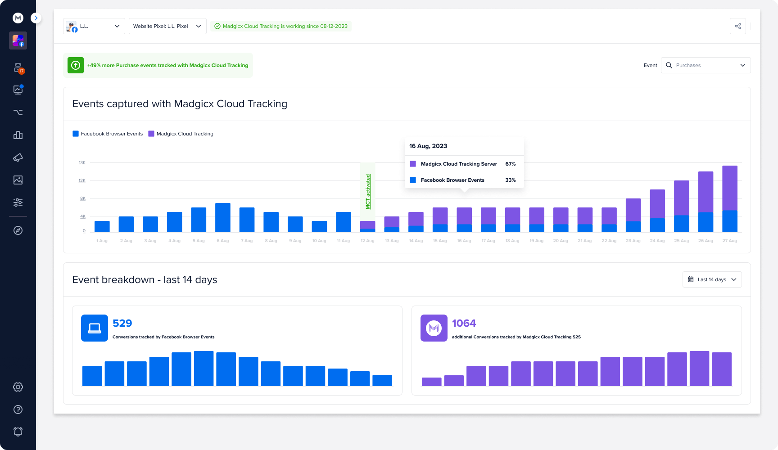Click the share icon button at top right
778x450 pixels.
pyautogui.click(x=737, y=26)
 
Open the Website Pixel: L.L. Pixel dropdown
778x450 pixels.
pyautogui.click(x=167, y=26)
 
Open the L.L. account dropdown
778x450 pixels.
pyautogui.click(x=94, y=26)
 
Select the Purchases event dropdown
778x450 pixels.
pyautogui.click(x=706, y=65)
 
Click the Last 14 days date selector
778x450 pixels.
pyautogui.click(x=712, y=279)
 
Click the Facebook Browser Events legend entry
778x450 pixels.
pyautogui.click(x=108, y=134)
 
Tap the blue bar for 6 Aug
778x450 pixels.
pyautogui.click(x=223, y=218)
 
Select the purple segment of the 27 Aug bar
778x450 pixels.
pyautogui.click(x=729, y=188)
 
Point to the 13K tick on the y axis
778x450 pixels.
pyautogui.click(x=82, y=162)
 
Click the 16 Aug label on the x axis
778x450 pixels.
pyautogui.click(x=464, y=241)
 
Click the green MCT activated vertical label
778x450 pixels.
pyautogui.click(x=368, y=192)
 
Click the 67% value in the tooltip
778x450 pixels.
pyautogui.click(x=510, y=164)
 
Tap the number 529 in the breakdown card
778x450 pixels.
pyautogui.click(x=122, y=323)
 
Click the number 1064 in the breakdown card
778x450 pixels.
pyautogui.click(x=464, y=323)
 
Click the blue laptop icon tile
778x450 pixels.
pyautogui.click(x=95, y=328)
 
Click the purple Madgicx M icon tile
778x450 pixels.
pyautogui.click(x=434, y=328)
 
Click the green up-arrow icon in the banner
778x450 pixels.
pyautogui.click(x=76, y=65)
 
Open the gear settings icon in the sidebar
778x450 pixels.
pyautogui.click(x=18, y=387)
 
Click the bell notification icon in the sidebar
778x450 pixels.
pyautogui.click(x=18, y=432)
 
